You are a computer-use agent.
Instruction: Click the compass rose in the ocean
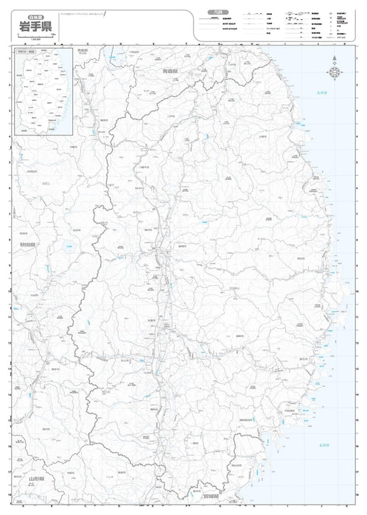(x=335, y=72)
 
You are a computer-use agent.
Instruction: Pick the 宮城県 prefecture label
(x=209, y=496)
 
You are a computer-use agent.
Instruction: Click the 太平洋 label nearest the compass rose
(x=322, y=93)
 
